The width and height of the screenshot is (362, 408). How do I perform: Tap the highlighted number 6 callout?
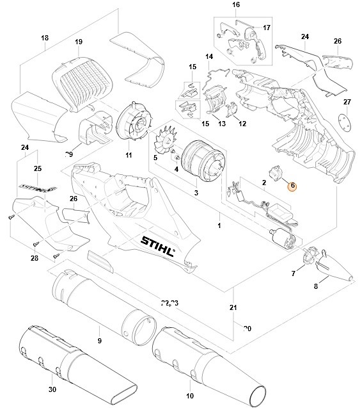(x=292, y=186)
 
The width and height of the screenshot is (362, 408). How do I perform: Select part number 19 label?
(x=79, y=42)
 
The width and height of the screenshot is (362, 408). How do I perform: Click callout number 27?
(x=347, y=102)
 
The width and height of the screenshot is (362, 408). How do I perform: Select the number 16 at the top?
(x=217, y=5)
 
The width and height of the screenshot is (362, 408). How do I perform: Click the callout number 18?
(x=45, y=38)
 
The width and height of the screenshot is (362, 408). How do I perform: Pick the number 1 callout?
(x=219, y=226)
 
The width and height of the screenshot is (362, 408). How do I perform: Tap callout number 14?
(x=209, y=57)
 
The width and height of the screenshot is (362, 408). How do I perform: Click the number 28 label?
(x=34, y=259)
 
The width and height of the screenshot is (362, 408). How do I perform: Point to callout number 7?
(x=294, y=274)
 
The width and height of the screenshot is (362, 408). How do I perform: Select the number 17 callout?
(x=267, y=28)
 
